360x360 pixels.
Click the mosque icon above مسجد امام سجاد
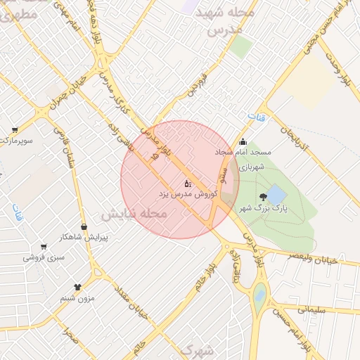243,142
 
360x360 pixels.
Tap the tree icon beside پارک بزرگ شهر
263,197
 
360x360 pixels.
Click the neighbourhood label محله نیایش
134,213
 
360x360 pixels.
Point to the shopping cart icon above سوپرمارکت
15,130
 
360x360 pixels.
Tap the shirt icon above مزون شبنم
77,288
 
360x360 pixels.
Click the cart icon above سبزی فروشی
44,247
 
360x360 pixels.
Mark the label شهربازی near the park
251,167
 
